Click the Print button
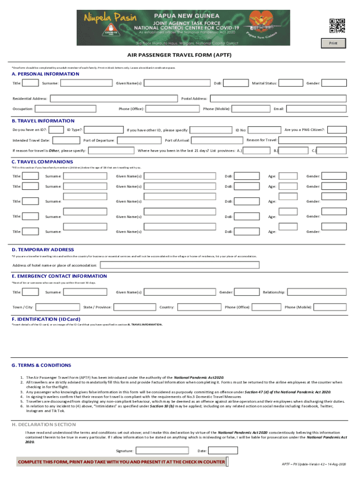[x=333, y=44]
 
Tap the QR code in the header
[x=337, y=26]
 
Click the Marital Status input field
[x=289, y=83]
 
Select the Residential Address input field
[x=113, y=99]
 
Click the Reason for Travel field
[x=312, y=140]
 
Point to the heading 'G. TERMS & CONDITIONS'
[x=42, y=365]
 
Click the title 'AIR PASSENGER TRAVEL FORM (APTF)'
[x=180, y=55]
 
